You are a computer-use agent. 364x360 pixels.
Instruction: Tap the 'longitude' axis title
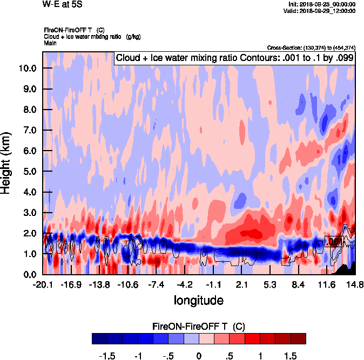(x=198, y=300)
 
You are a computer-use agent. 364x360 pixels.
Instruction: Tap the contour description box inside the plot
(x=234, y=58)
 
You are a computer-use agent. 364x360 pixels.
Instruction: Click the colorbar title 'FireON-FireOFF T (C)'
(x=199, y=327)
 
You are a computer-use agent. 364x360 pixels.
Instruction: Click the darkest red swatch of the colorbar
(x=299, y=338)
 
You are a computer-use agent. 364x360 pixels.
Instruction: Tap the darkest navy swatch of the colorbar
(x=99, y=338)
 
